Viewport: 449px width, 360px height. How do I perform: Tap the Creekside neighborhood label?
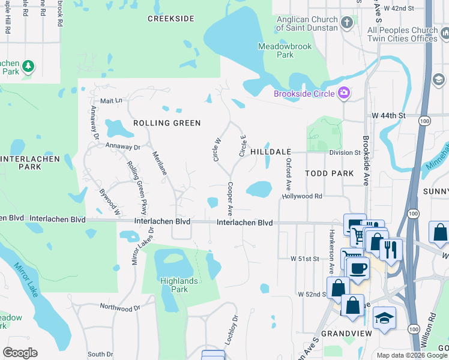pos(171,19)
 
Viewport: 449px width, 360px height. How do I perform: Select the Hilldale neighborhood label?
pos(270,152)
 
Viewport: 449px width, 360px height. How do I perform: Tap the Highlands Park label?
pos(175,285)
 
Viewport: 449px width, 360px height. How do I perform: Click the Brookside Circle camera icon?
pos(344,92)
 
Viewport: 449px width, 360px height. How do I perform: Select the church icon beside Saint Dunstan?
pos(347,23)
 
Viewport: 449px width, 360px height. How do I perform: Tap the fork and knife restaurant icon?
pos(391,248)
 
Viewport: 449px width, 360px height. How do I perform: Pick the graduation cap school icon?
pos(384,317)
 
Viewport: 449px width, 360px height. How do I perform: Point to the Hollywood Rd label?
pos(303,196)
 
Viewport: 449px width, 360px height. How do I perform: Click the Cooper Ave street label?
pos(230,199)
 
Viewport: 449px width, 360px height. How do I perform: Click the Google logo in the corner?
pos(20,353)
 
